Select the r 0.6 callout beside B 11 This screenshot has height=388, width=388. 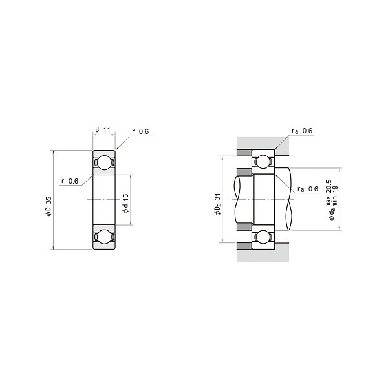click(x=140, y=132)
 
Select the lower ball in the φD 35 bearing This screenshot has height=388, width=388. click(x=103, y=237)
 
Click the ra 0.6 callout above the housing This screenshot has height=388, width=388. click(x=302, y=131)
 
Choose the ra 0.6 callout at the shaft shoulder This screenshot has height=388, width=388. click(x=308, y=189)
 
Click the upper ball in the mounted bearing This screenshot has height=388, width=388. click(x=263, y=162)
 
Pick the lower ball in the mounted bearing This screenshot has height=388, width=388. click(x=263, y=236)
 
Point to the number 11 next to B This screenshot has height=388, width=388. click(x=108, y=130)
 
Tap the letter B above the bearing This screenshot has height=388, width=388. click(x=97, y=130)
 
